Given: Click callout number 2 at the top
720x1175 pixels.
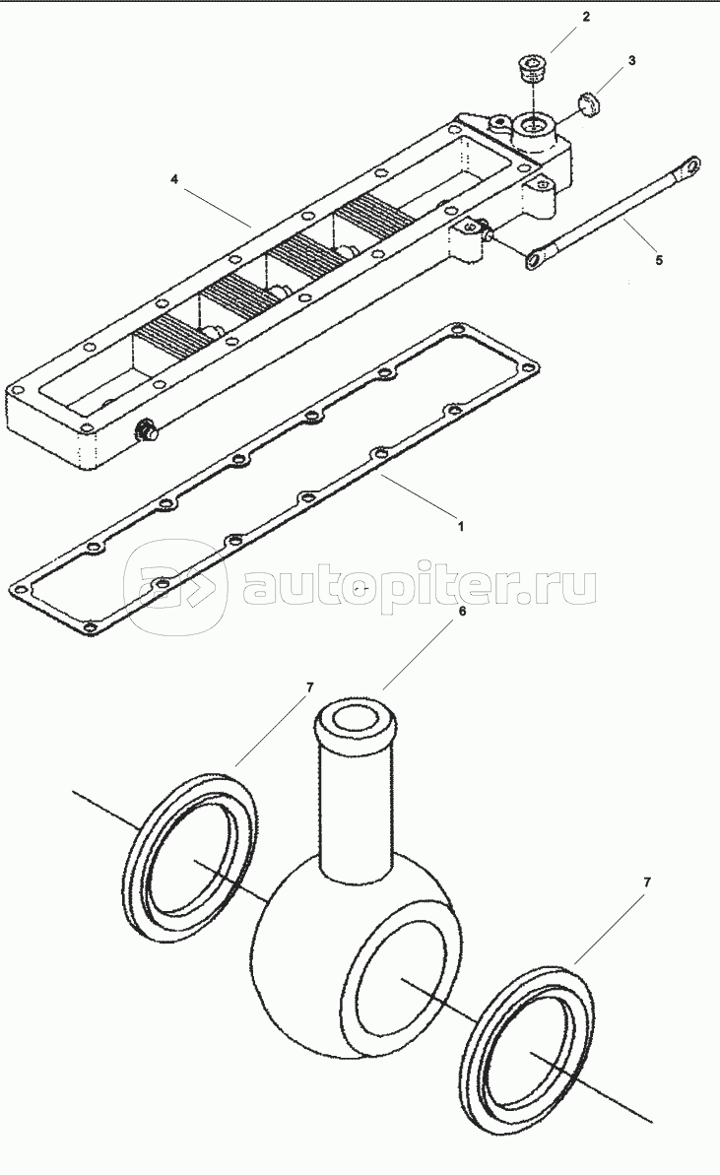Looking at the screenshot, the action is coord(586,17).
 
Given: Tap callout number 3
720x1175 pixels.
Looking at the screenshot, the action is coord(631,61).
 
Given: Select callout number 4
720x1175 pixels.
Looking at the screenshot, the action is coord(174,180).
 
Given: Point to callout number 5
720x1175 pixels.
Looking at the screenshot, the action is coord(659,261).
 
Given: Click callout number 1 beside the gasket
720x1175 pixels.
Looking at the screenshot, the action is coord(461,527).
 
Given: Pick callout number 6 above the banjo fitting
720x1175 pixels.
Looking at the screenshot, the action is coord(462,612).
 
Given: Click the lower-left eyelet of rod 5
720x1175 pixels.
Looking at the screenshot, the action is coord(537,259).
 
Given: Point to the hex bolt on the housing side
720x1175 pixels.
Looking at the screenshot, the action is coord(146,430).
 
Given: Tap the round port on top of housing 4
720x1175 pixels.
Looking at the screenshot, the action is coord(534,127).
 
